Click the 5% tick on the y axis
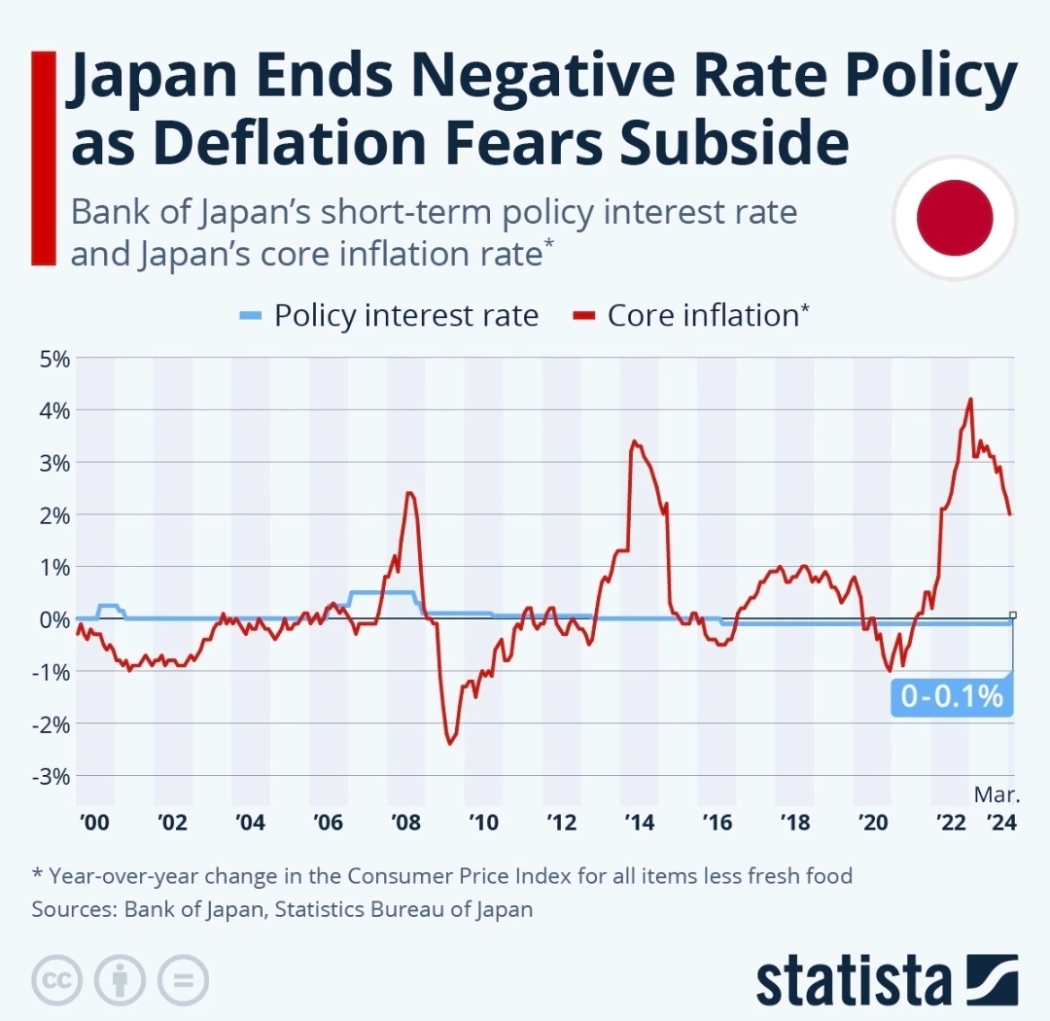click(x=54, y=358)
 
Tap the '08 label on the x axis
click(x=405, y=823)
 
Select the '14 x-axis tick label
click(x=639, y=823)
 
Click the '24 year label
click(x=1000, y=823)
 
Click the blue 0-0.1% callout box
click(x=951, y=696)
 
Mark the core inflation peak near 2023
click(x=970, y=400)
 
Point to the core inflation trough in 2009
click(x=450, y=744)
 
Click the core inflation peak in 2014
click(x=634, y=441)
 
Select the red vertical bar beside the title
click(x=42, y=158)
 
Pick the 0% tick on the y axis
click(x=54, y=619)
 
